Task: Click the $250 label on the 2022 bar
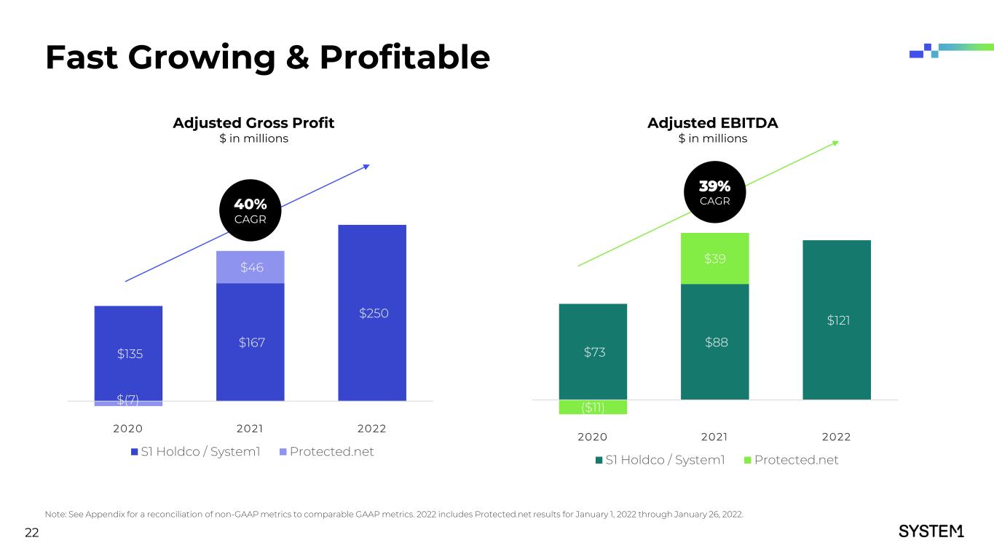point(374,314)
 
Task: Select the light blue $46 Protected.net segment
point(251,268)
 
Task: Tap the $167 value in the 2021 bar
point(251,342)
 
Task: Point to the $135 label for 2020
point(130,354)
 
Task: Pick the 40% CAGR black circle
point(250,210)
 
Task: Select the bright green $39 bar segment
point(714,259)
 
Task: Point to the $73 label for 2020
point(594,352)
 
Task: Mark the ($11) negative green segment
point(593,407)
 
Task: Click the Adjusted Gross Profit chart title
point(253,123)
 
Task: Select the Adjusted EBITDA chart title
point(712,123)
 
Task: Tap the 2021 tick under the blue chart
point(251,428)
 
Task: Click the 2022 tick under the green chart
point(836,437)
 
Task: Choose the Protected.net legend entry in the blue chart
point(327,452)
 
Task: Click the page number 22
point(31,534)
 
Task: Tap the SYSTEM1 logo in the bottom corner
point(931,531)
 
